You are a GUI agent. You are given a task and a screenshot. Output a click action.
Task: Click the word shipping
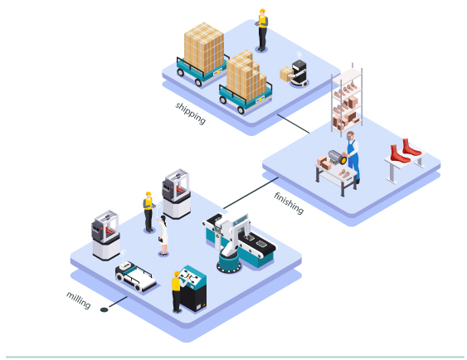[x=191, y=113]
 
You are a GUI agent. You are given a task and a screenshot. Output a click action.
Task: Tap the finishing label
[x=289, y=203]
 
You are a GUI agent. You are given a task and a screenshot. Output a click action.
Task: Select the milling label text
[x=78, y=299]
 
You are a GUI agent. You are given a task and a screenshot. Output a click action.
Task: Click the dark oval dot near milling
[x=104, y=310]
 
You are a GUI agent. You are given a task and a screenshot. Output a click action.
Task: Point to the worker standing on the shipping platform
[x=262, y=30]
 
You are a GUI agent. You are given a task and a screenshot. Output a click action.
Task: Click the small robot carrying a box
[x=299, y=73]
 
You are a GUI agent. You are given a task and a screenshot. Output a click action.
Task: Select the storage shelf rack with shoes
[x=347, y=100]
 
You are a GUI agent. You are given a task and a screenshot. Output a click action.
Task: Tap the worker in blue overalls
[x=353, y=157]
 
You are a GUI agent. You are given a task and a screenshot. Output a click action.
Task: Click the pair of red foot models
[x=406, y=151]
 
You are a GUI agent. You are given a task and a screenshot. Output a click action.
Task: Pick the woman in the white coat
[x=163, y=236]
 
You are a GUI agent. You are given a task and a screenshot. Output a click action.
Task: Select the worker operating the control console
[x=178, y=291]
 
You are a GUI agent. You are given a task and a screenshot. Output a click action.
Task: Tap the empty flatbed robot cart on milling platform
[x=135, y=276]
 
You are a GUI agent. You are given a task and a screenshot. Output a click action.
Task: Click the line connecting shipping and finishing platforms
[x=294, y=124]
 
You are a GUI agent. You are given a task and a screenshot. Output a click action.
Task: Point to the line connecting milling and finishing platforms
[x=251, y=193]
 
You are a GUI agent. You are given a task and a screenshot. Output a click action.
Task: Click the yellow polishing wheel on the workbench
[x=343, y=159]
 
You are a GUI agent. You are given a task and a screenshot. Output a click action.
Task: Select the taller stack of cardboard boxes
[x=204, y=47]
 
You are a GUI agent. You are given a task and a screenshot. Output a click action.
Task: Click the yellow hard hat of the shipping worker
[x=262, y=11]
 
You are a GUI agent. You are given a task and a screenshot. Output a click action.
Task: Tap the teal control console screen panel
[x=192, y=277]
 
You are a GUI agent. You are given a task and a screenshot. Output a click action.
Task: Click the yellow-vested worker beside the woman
[x=148, y=212]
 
